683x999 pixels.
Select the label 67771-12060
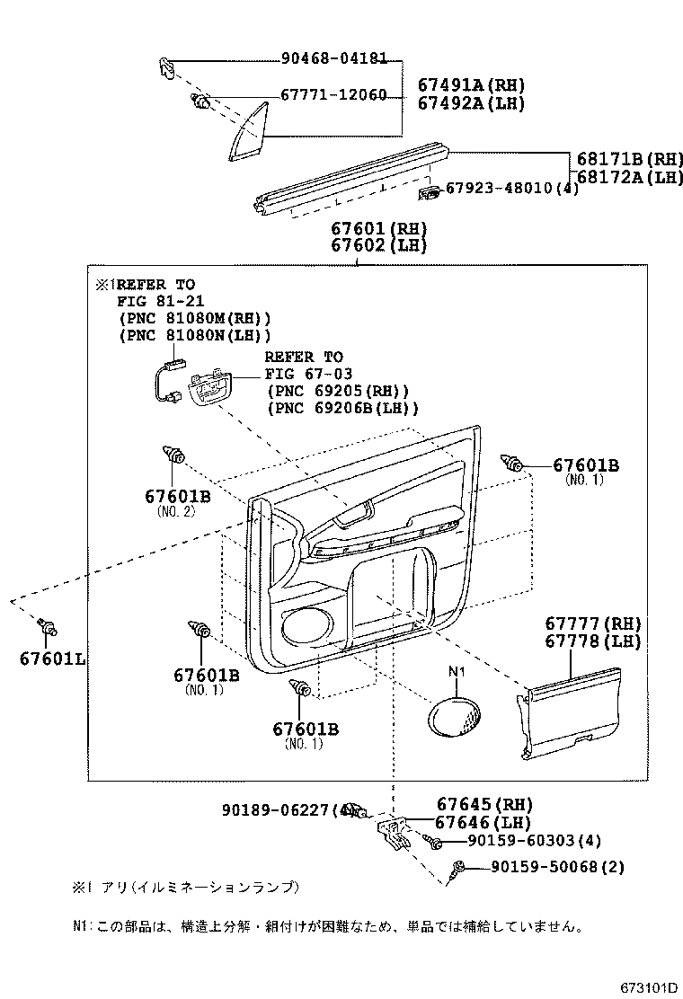click(x=333, y=95)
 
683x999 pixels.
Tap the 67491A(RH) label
click(x=471, y=85)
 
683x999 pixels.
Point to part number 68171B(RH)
click(x=629, y=159)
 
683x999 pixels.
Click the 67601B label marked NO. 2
click(x=177, y=495)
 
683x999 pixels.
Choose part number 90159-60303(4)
click(x=534, y=841)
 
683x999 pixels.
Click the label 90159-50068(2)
click(x=557, y=867)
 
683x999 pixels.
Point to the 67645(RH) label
click(x=484, y=804)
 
